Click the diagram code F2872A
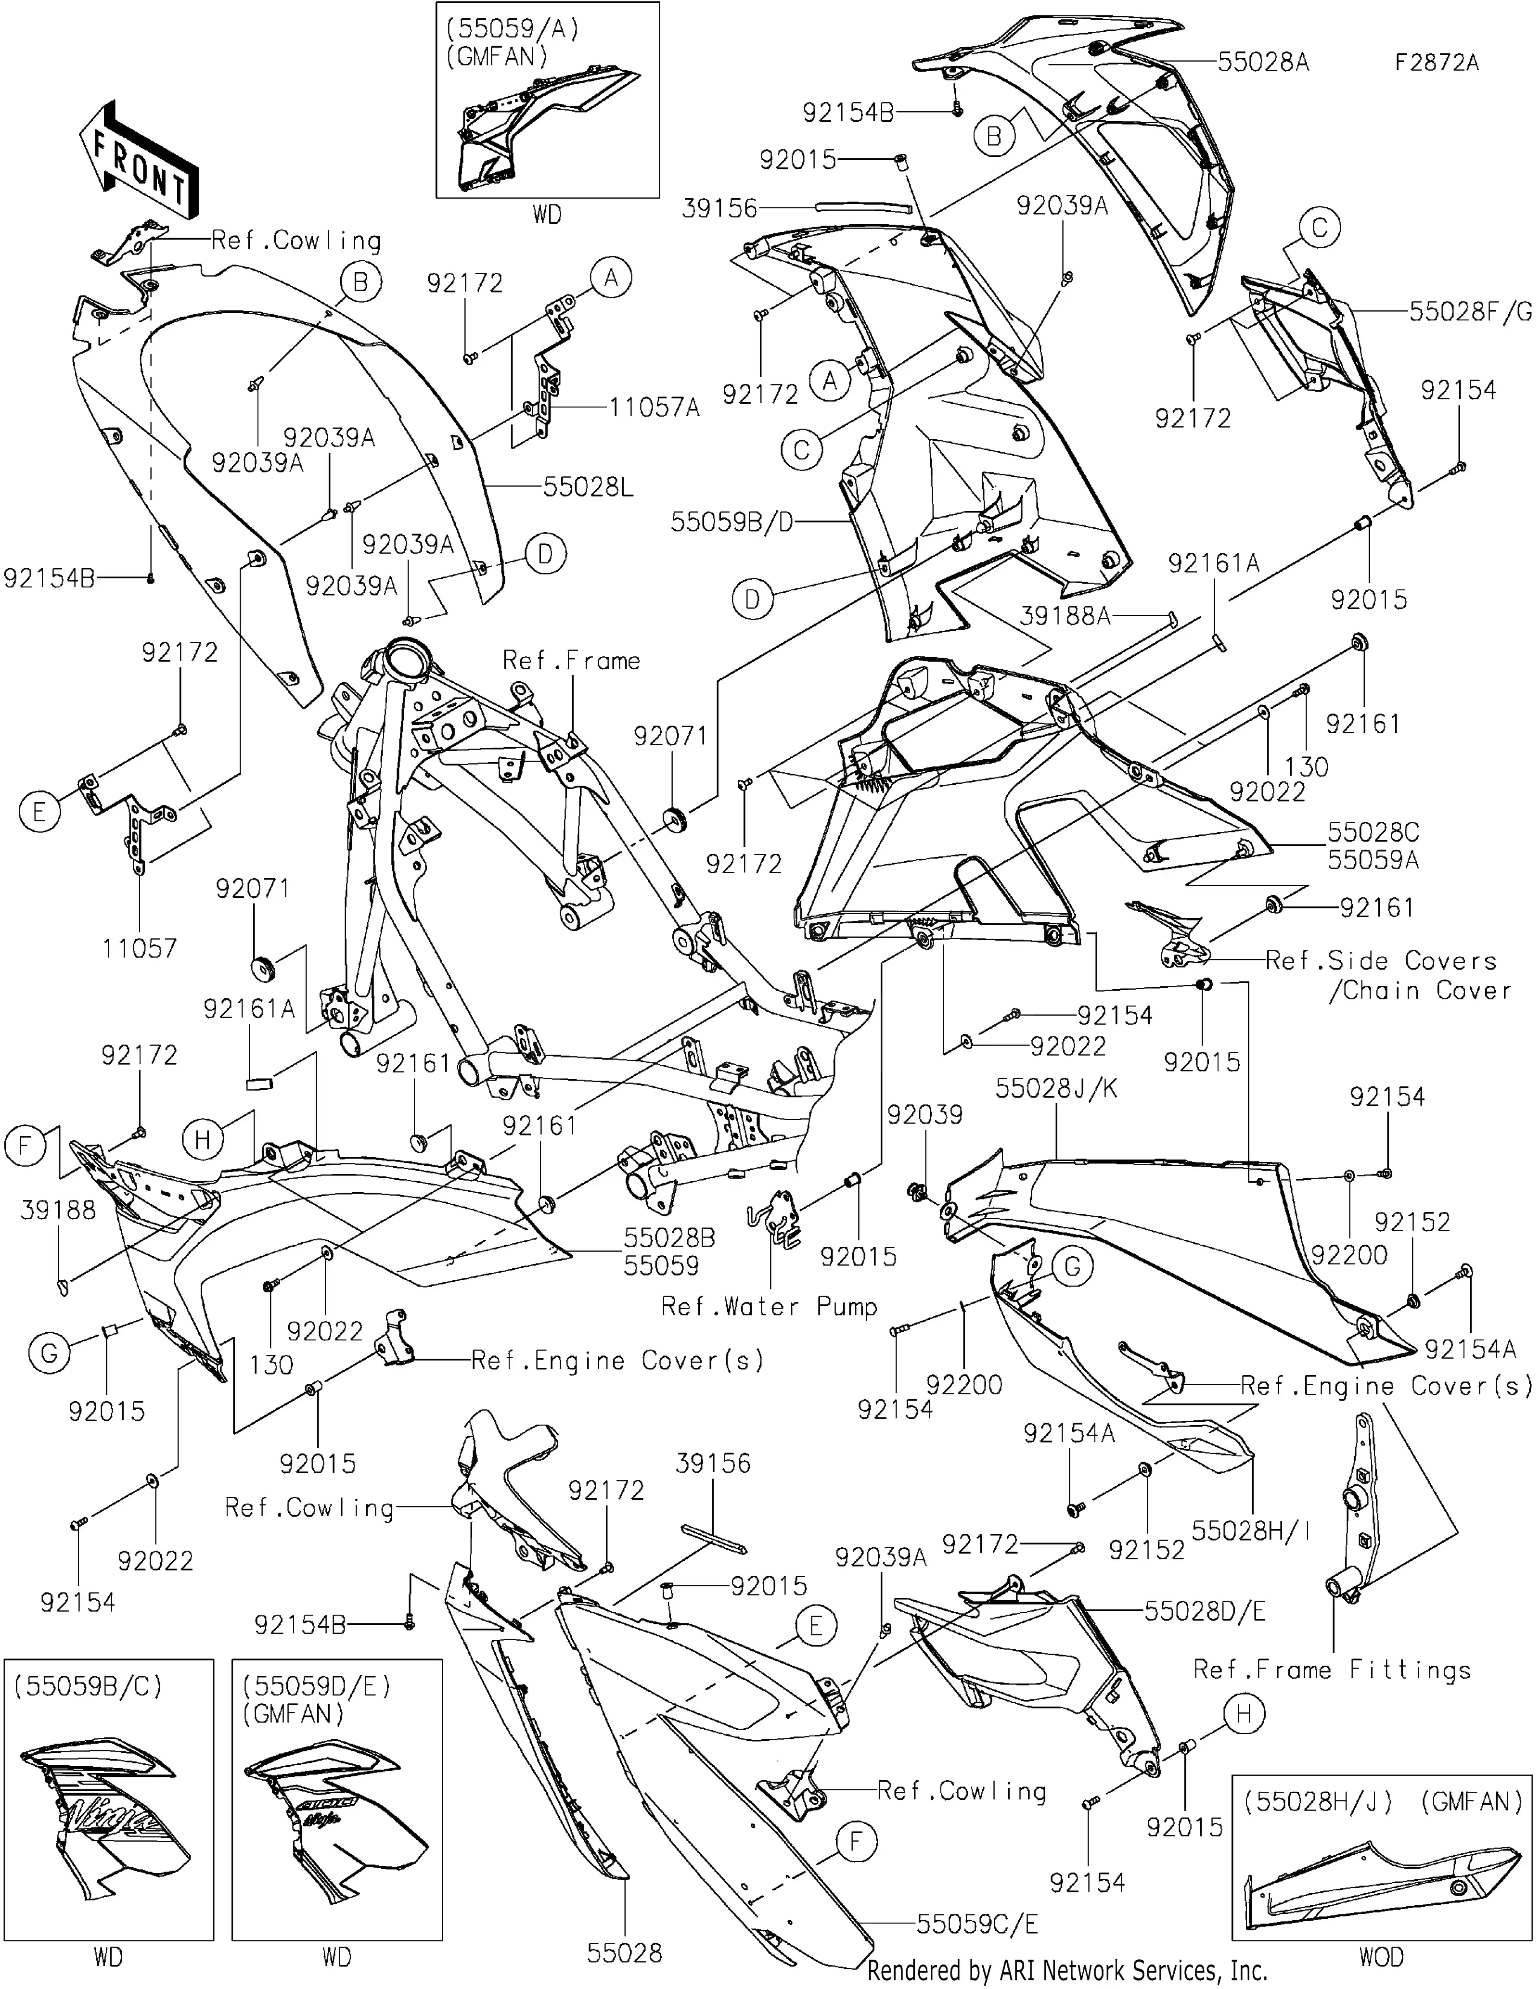tap(1437, 63)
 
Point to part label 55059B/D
tap(732, 522)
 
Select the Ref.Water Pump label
tap(770, 1307)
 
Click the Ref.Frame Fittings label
tap(1333, 1670)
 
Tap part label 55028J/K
tap(1056, 1088)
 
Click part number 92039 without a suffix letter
tap(925, 1115)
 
